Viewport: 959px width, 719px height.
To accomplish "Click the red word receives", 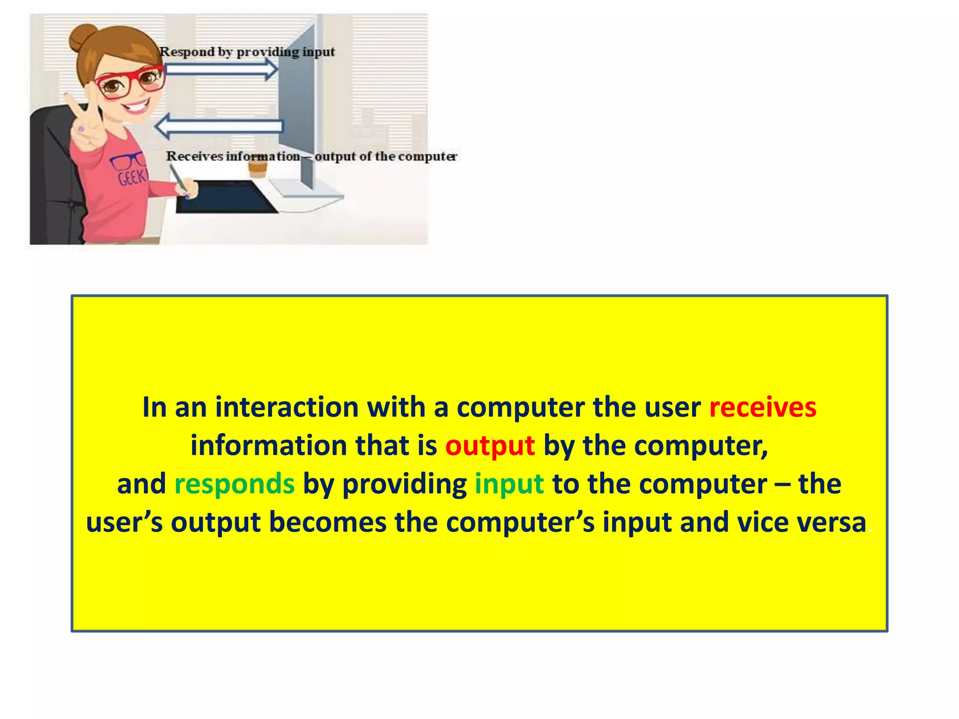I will [762, 407].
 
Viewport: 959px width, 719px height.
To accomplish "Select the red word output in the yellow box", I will [490, 446].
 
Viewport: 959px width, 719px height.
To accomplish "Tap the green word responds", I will [234, 484].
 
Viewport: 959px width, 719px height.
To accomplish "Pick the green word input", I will [509, 484].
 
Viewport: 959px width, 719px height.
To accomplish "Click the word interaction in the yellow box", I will [287, 407].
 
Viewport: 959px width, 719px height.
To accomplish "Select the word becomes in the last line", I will [327, 522].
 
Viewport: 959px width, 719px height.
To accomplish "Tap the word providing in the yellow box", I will [404, 484].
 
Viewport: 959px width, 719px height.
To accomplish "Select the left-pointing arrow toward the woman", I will [219, 126].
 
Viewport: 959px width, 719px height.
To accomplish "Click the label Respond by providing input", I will [247, 52].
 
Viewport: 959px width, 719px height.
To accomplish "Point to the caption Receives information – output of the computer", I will [311, 156].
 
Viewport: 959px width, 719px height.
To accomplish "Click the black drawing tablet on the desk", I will [225, 197].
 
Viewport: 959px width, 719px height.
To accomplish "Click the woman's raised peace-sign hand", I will [87, 122].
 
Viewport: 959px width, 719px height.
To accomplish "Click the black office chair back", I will [52, 178].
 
